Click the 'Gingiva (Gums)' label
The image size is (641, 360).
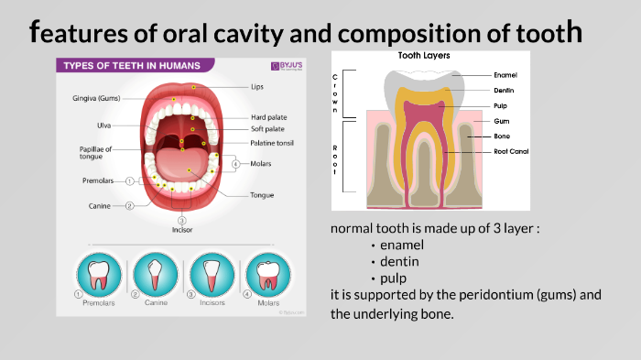[97, 98]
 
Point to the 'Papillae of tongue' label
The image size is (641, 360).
[95, 152]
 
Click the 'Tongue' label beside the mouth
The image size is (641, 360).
[263, 195]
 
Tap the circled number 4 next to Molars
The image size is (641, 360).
[235, 165]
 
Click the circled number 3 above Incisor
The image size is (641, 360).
[182, 220]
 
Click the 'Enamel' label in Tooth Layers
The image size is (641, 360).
[505, 74]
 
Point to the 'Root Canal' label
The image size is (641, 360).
[511, 151]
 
